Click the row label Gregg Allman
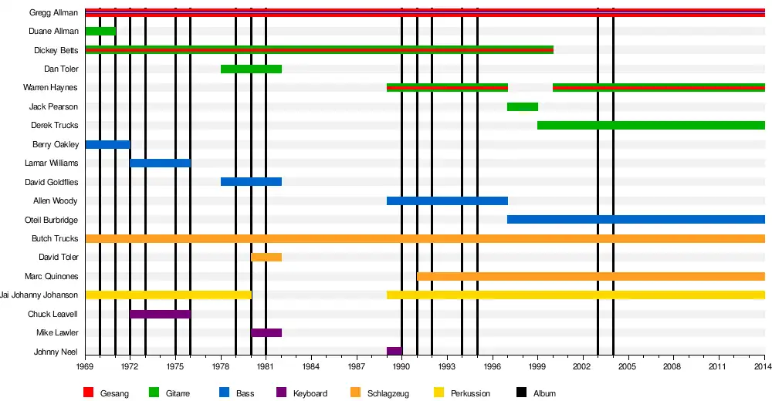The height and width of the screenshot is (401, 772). tap(54, 13)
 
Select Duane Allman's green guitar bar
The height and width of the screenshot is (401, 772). tap(100, 32)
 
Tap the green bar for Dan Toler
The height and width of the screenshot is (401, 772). tap(251, 69)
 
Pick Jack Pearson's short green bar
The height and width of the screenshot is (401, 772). tap(523, 106)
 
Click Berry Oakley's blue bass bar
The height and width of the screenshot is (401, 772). tap(108, 144)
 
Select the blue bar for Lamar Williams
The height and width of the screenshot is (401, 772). tap(161, 163)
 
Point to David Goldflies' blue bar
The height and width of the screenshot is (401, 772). tap(251, 182)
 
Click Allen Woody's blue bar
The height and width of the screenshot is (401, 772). tap(447, 200)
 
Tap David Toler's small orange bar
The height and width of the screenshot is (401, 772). tap(266, 257)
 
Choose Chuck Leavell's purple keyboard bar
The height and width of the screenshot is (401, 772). tap(161, 314)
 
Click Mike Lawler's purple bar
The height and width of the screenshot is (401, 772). tap(266, 332)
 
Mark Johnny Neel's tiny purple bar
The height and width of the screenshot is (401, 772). tap(394, 351)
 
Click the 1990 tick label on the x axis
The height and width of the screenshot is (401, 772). tap(401, 368)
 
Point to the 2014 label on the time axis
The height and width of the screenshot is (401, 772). tap(762, 368)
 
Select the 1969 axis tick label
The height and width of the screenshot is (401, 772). tap(85, 368)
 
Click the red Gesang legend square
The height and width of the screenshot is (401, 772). tap(88, 393)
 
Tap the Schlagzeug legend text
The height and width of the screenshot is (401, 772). tap(388, 393)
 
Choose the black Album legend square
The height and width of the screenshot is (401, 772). tap(521, 393)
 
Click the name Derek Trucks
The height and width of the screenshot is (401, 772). tap(54, 126)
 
